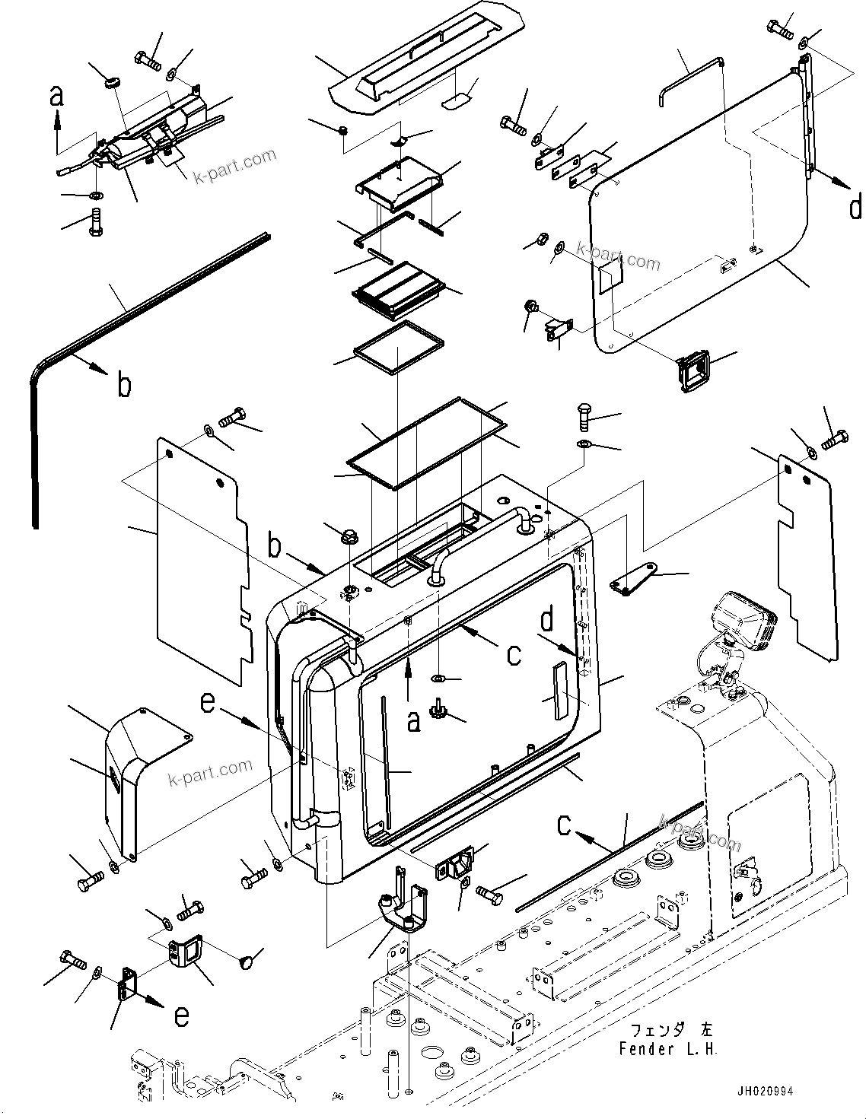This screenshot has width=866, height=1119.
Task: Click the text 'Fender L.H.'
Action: [x=668, y=1050]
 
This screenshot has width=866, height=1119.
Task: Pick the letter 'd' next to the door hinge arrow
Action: [x=855, y=205]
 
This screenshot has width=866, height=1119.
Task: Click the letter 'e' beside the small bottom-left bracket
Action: [x=180, y=1016]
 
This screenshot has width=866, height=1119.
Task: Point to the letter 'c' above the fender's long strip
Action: [x=565, y=826]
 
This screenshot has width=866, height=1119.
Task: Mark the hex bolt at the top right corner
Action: [x=781, y=28]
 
